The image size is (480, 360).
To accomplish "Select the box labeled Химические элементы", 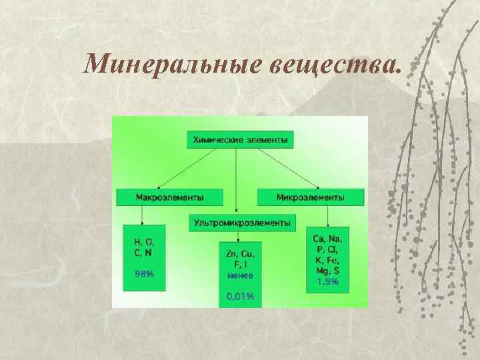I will tap(240, 140).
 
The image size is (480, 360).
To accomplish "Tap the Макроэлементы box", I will tap(170, 197).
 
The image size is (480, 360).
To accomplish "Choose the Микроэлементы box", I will tap(311, 197).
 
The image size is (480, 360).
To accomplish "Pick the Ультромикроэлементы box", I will tap(242, 223).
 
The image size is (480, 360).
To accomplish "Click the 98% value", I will tap(145, 273).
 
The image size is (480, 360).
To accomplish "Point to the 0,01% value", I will tap(241, 296).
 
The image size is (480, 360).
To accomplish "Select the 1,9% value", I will tap(327, 282).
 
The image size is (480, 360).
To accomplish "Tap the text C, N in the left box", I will tap(143, 253).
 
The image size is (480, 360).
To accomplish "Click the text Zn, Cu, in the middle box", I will tap(240, 254).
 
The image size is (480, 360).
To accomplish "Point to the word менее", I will tap(240, 275).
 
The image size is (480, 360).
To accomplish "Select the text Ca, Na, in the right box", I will tap(327, 239).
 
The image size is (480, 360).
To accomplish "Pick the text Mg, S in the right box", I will tap(327, 271).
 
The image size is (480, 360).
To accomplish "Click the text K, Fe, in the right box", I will tap(327, 261).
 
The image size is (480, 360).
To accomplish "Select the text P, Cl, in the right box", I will tap(327, 249).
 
